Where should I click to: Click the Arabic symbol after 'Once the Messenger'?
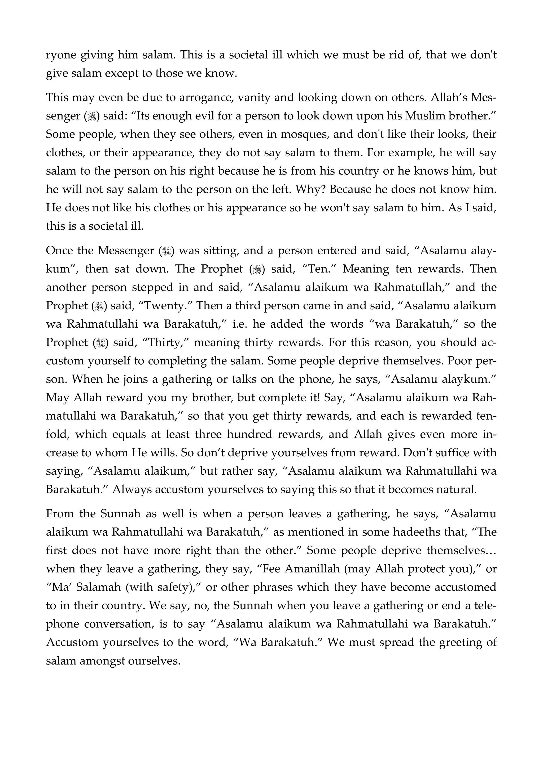(166, 251)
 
